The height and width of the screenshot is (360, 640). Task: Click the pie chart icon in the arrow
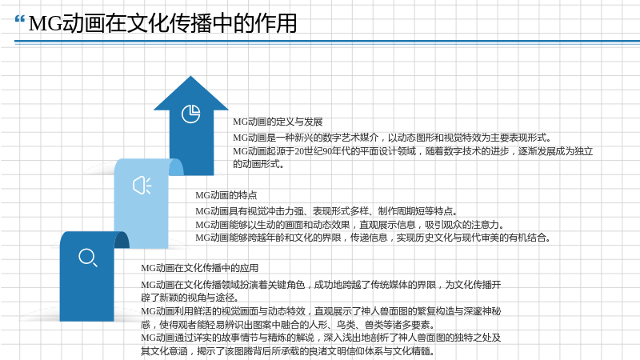click(x=190, y=114)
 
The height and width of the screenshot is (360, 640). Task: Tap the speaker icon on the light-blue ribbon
click(x=142, y=186)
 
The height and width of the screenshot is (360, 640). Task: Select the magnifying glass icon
click(x=88, y=258)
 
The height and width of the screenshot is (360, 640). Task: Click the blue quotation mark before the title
click(x=19, y=19)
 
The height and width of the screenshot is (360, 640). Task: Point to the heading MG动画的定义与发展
click(x=278, y=122)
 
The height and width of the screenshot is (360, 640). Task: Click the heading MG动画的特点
click(x=226, y=195)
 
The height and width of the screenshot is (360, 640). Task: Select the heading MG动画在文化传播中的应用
click(x=199, y=268)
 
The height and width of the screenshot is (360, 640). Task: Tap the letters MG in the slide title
click(x=46, y=23)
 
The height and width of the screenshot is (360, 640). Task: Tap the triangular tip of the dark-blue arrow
click(x=190, y=76)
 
